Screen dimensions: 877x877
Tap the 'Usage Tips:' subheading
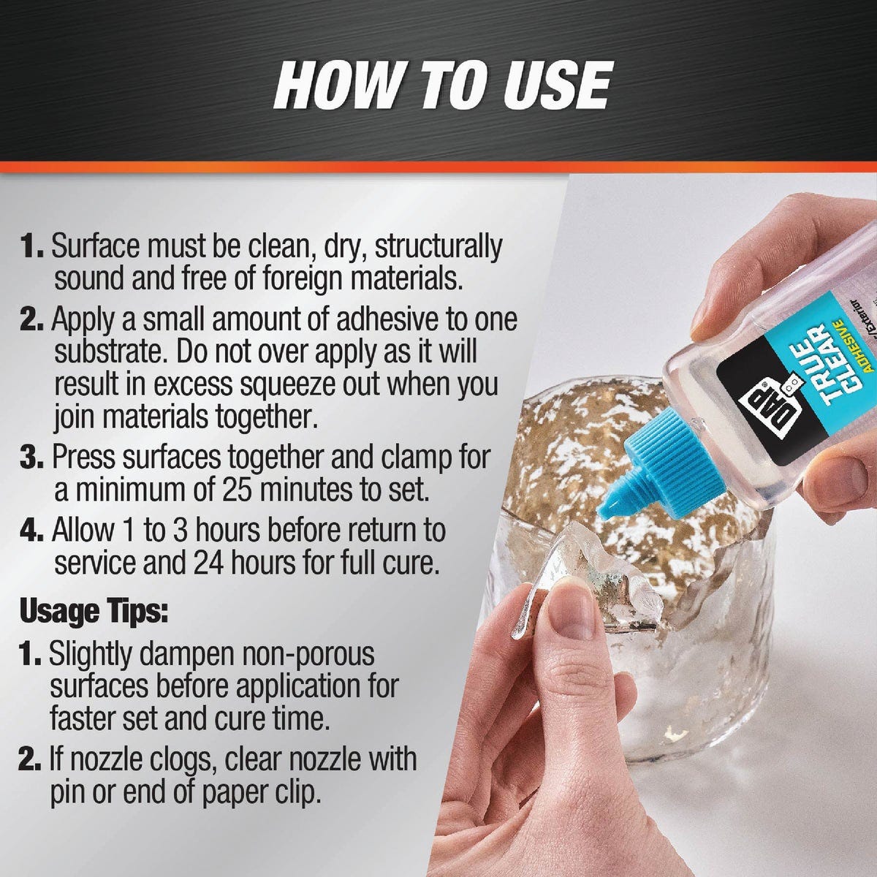coord(94,610)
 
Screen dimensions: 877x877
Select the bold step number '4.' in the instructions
coord(32,531)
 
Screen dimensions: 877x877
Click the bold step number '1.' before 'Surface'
coord(34,247)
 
